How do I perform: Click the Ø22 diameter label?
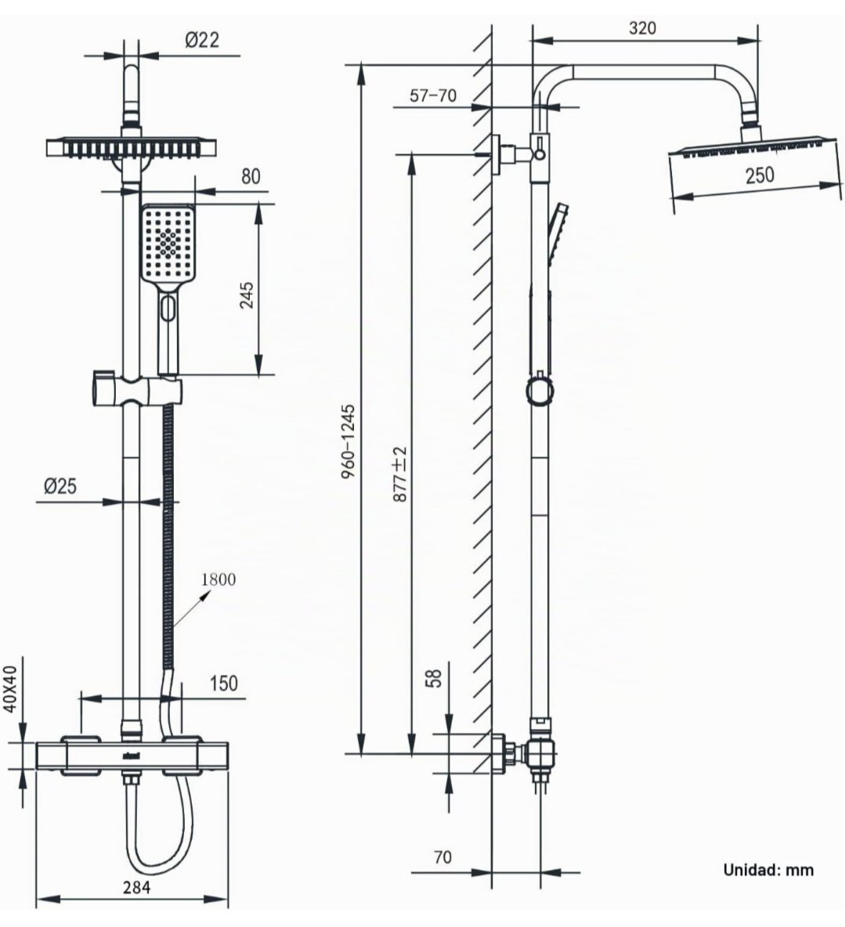tap(202, 40)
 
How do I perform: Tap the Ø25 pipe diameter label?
tap(60, 486)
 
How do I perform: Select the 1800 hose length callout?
tap(219, 579)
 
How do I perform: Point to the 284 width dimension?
tap(136, 887)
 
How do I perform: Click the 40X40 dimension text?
tap(11, 689)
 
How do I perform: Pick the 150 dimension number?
tap(223, 684)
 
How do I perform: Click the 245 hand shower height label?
tap(248, 294)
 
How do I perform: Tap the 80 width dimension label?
tap(251, 176)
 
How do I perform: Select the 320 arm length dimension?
tap(642, 27)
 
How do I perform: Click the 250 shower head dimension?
tap(760, 175)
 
